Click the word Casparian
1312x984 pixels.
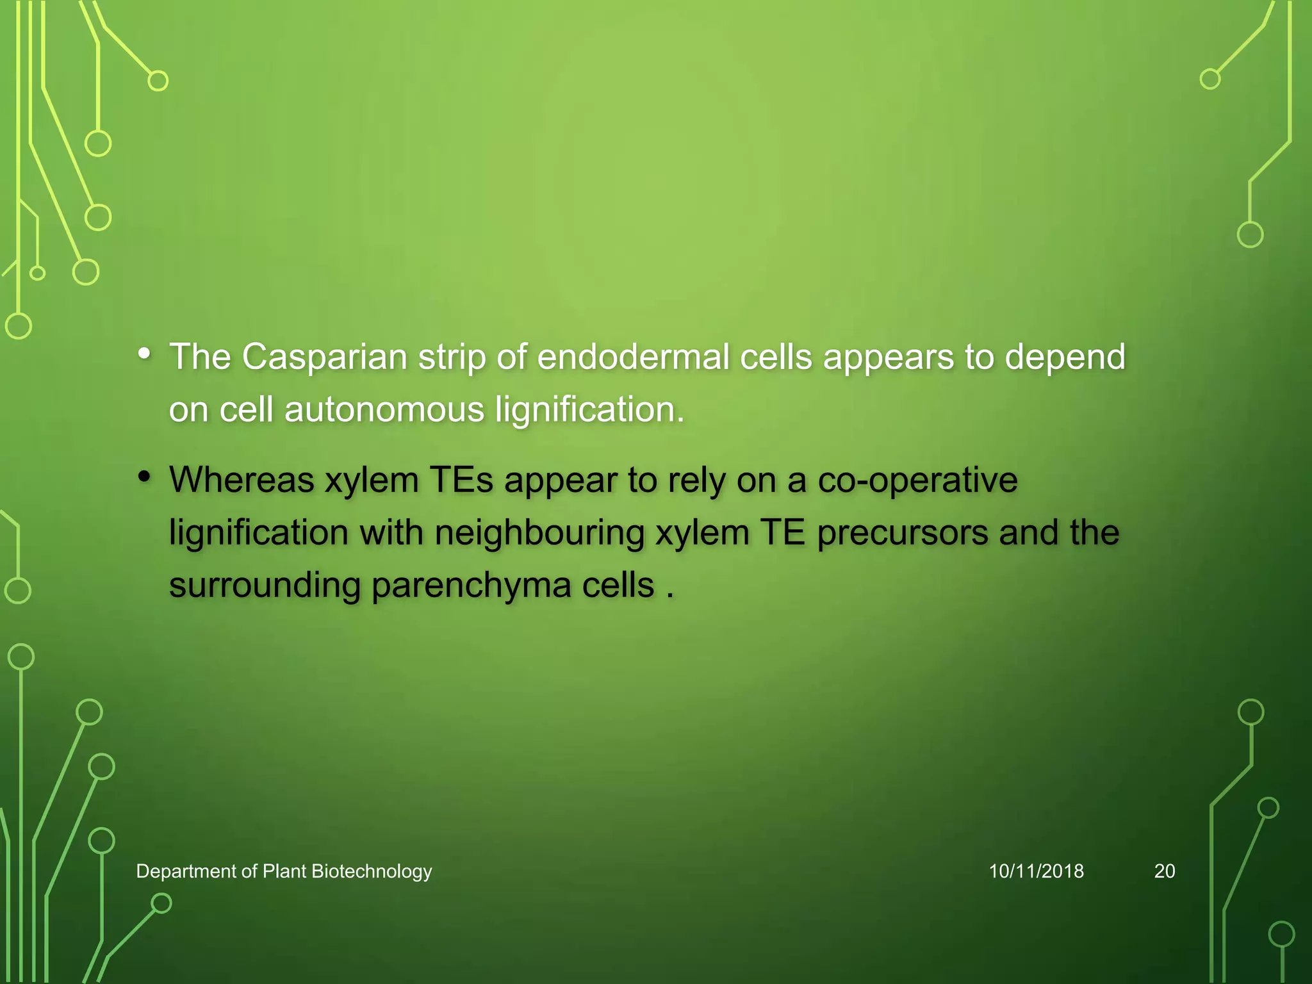pyautogui.click(x=324, y=357)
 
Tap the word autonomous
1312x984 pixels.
pyautogui.click(x=384, y=409)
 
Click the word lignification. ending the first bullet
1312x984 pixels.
pyautogui.click(x=590, y=409)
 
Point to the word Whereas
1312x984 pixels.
pyautogui.click(x=242, y=480)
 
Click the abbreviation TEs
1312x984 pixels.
pyautogui.click(x=461, y=480)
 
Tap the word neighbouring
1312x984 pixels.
pyautogui.click(x=539, y=532)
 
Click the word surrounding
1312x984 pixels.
pyautogui.click(x=265, y=586)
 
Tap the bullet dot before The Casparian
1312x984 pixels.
pyautogui.click(x=145, y=354)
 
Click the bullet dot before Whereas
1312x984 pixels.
pyautogui.click(x=145, y=477)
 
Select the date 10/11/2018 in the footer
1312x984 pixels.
pyautogui.click(x=1036, y=871)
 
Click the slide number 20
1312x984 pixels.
pyautogui.click(x=1164, y=871)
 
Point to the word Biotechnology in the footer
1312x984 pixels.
pyautogui.click(x=372, y=871)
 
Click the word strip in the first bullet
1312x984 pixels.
pyautogui.click(x=452, y=357)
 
